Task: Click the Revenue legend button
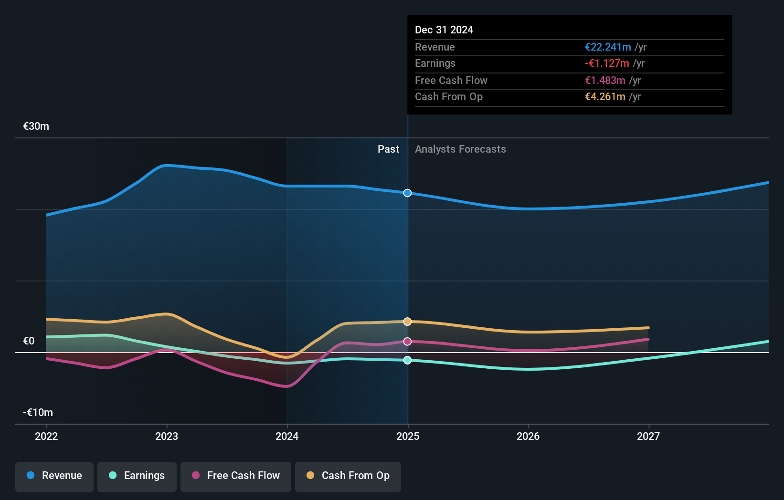tap(54, 476)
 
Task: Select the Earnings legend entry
tap(137, 476)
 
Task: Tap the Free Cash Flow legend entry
tap(236, 476)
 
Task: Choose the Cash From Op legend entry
tap(348, 476)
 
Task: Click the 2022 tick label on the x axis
tap(46, 437)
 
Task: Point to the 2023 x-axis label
tap(167, 437)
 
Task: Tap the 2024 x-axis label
tap(287, 437)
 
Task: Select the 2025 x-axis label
tap(408, 437)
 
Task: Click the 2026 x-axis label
tap(528, 437)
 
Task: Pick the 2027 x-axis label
tap(648, 437)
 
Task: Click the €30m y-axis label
tap(36, 126)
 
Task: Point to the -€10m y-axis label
tap(38, 413)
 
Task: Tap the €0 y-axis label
tap(29, 341)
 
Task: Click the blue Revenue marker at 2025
tap(407, 193)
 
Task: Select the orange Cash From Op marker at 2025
tap(407, 322)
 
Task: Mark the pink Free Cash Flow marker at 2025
tap(407, 342)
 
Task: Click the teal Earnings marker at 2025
tap(407, 360)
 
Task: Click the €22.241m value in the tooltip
tap(608, 47)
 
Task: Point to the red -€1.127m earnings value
tap(607, 63)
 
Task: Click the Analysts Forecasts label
tap(460, 149)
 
